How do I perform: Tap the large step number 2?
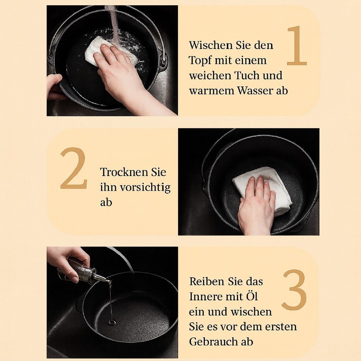pos(74,168)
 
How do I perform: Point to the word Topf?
pos(200,61)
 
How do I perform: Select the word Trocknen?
pos(124,172)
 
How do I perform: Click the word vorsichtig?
pos(146,188)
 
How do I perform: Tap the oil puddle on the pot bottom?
pos(112,322)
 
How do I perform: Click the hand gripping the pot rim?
pos(54,87)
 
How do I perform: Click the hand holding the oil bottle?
pos(69,262)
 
